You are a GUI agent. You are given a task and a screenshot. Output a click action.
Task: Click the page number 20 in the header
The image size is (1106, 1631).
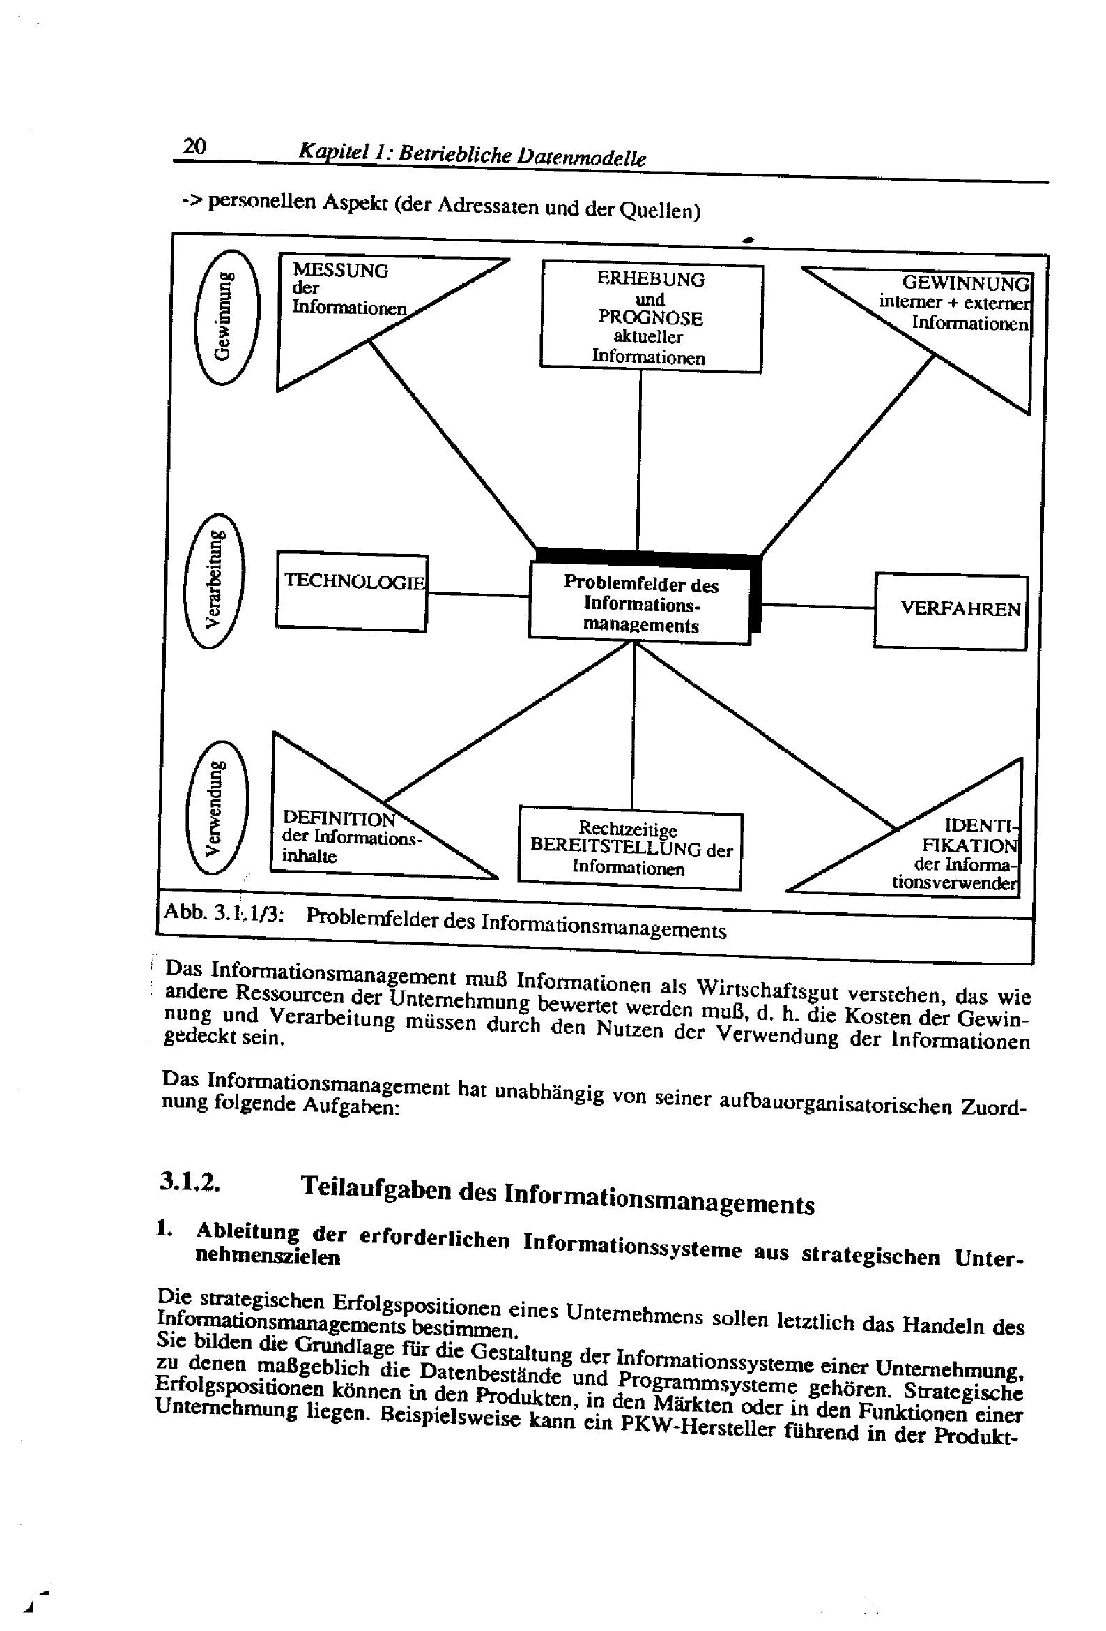194,146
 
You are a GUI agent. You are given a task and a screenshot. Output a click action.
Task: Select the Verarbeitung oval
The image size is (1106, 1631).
214,581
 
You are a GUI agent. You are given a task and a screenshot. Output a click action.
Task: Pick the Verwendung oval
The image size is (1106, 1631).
217,808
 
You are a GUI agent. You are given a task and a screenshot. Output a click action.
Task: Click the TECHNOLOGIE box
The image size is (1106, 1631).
352,593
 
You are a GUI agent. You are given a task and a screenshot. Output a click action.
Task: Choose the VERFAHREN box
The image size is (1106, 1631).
951,610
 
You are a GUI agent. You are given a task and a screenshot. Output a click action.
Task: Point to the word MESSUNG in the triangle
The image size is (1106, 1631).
340,270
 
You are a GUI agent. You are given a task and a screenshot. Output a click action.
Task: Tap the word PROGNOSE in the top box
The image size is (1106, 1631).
650,318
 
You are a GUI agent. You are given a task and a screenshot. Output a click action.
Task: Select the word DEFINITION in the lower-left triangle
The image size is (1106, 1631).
338,818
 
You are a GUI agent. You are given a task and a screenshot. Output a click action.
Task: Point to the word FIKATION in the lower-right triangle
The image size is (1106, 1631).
969,845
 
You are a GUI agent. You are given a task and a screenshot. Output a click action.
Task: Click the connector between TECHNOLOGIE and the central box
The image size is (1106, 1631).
477,594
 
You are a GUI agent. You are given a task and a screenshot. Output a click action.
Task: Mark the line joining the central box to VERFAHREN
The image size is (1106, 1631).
817,606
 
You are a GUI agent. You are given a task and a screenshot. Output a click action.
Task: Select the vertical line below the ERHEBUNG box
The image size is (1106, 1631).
639,460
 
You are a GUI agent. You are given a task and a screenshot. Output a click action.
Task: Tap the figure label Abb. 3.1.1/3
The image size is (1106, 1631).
223,913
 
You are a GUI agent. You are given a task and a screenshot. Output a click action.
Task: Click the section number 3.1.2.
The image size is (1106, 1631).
190,1181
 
